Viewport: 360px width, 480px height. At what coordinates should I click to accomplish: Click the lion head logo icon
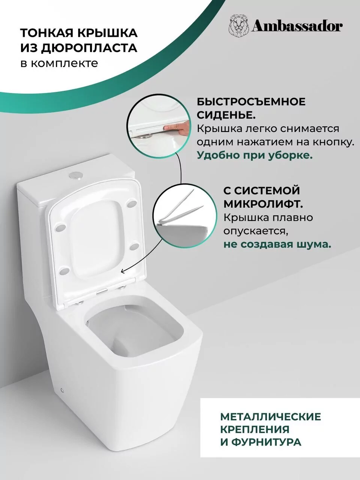click(238, 26)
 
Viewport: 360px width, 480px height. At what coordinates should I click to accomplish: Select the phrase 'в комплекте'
click(59, 63)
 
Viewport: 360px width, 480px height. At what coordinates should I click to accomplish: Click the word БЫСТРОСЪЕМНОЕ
click(251, 102)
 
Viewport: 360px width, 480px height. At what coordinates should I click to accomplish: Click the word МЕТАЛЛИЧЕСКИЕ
click(270, 417)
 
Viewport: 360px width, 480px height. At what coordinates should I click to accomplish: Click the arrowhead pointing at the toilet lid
click(121, 269)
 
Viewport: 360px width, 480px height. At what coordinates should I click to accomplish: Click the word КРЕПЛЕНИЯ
click(255, 429)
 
